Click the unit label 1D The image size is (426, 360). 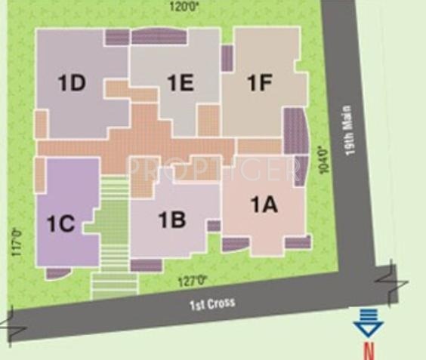[73, 83]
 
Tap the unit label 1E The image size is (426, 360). [181, 83]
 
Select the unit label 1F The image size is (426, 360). [259, 83]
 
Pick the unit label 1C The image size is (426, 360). [61, 223]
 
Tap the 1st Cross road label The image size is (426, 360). [211, 303]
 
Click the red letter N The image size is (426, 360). [369, 350]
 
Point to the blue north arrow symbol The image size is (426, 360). [369, 325]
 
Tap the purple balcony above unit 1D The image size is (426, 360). [117, 36]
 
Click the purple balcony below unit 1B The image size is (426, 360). [146, 265]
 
